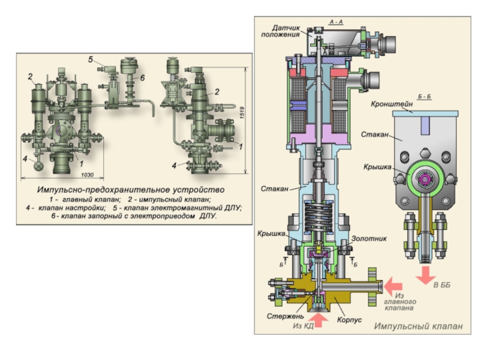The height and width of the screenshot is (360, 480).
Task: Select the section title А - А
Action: (x=336, y=22)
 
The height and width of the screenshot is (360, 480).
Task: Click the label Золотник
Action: (x=369, y=238)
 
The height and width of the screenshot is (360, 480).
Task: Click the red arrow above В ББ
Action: (x=425, y=275)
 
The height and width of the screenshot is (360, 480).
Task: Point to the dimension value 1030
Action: (x=87, y=174)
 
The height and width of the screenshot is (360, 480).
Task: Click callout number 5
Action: (x=90, y=59)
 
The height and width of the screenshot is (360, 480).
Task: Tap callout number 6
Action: (x=143, y=78)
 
